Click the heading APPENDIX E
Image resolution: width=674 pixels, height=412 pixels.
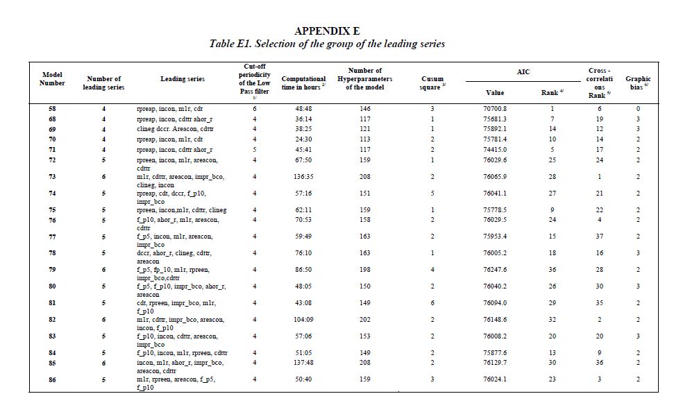327,31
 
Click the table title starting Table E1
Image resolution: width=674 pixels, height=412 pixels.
327,44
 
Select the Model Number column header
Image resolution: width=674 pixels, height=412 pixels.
52,78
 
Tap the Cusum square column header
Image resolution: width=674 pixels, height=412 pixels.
432,83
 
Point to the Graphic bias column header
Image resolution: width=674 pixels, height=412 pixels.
637,83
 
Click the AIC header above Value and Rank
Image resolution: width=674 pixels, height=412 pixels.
523,71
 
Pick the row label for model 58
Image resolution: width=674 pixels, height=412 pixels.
52,109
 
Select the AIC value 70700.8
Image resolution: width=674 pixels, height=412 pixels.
495,109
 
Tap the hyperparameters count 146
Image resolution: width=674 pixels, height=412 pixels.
365,109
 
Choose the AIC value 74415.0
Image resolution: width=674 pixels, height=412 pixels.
495,149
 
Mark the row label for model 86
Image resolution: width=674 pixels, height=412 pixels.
52,379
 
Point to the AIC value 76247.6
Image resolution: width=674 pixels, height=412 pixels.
495,270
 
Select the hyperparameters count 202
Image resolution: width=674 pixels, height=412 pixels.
365,320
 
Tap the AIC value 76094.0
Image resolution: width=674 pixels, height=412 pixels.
495,303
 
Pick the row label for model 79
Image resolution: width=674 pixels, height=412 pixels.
52,270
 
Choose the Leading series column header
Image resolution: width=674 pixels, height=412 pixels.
183,79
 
